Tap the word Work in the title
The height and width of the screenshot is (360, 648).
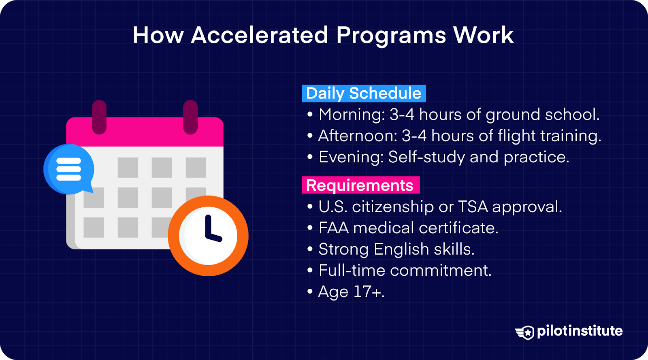484,35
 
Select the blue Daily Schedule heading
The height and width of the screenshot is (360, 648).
364,94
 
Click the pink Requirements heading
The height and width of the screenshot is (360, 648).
360,185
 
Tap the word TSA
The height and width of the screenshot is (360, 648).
473,207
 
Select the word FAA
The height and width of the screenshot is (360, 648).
334,228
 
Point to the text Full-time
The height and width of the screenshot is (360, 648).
352,271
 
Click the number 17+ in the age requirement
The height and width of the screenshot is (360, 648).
367,292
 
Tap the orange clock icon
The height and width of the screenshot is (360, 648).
208,236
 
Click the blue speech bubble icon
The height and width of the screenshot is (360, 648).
68,169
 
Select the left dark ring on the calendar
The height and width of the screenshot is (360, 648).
99,117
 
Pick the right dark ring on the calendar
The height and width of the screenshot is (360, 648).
190,117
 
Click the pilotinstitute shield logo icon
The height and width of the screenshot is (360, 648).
525,332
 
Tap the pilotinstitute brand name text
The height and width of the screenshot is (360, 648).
580,331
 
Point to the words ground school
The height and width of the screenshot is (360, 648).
542,115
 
